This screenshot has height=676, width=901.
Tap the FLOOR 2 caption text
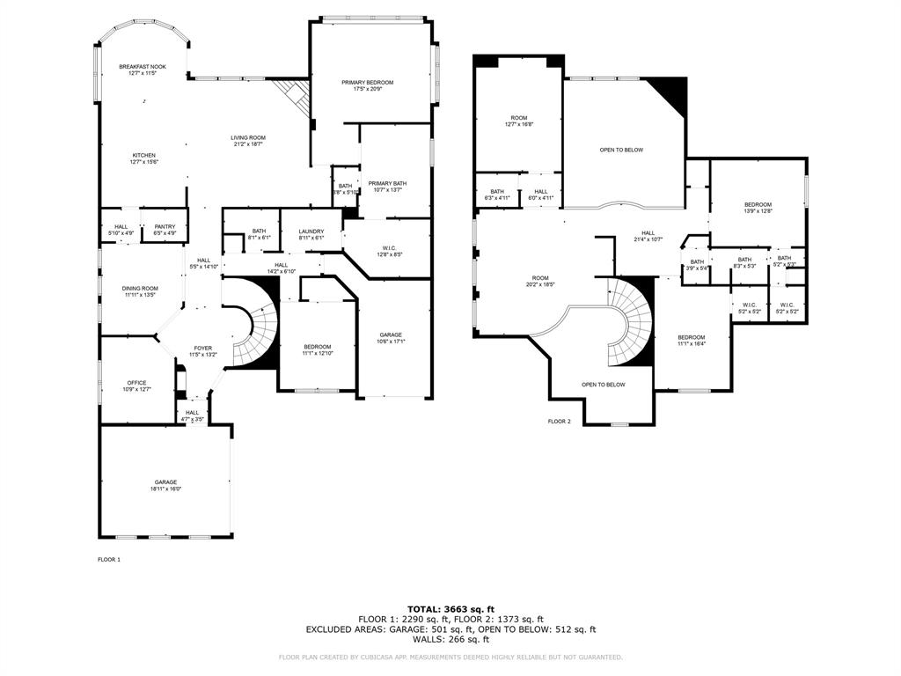(560, 422)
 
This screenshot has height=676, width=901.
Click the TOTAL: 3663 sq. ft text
(450, 608)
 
